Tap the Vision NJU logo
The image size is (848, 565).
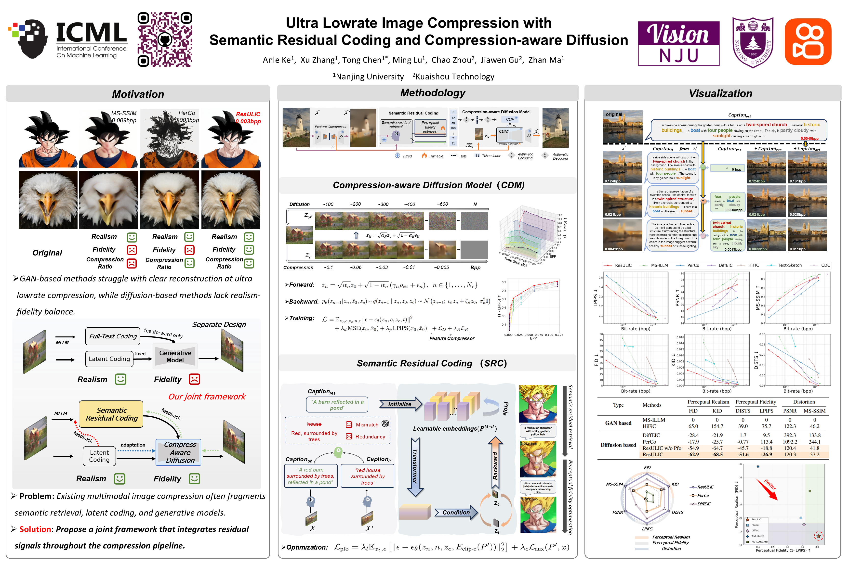(678, 43)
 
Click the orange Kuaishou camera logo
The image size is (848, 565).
(808, 41)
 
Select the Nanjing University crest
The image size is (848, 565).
(753, 42)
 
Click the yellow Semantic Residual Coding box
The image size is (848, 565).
(111, 414)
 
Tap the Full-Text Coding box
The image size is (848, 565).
(113, 336)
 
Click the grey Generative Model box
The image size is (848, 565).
(175, 356)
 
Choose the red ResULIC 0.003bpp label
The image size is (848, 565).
(248, 117)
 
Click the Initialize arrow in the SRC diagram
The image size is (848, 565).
(400, 404)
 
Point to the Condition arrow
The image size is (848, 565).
(456, 512)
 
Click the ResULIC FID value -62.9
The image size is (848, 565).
(693, 455)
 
